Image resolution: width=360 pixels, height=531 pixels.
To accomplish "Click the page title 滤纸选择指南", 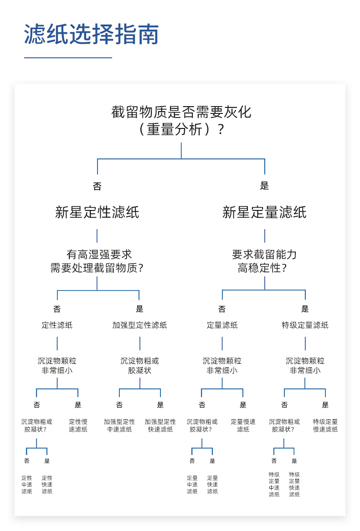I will [91, 35].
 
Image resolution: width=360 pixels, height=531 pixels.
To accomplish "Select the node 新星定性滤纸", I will [97, 212].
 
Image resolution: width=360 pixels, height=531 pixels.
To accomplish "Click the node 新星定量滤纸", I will [264, 212].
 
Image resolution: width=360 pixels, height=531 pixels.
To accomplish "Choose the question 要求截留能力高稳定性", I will [264, 261].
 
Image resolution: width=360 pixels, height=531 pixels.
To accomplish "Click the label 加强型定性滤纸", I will [139, 325].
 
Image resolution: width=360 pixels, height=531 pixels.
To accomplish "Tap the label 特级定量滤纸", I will [305, 325].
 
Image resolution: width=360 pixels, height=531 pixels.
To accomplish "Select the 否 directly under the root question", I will [97, 186].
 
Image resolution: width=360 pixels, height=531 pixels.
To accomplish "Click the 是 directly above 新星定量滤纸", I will [264, 186].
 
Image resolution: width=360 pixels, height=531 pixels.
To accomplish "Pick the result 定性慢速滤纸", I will [78, 425].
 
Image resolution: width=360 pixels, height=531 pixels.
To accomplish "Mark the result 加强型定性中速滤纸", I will [119, 425].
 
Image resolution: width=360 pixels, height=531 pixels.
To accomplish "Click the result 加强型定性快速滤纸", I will [160, 425].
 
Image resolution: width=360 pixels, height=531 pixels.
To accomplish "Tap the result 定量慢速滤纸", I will [243, 425].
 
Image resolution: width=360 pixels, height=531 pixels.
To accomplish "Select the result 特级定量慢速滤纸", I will [325, 425].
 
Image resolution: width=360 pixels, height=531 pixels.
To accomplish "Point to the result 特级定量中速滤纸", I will [274, 484].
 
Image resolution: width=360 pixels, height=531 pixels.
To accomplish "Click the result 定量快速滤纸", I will [212, 485].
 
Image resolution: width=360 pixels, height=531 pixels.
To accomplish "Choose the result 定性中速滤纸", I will [27, 485].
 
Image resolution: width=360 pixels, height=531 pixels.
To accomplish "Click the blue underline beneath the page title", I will [68, 58].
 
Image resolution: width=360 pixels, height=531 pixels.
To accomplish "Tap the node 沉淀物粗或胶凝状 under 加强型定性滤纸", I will [139, 366].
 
